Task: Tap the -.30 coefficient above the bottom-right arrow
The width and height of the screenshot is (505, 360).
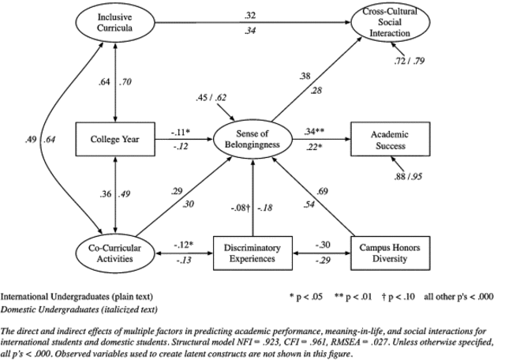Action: click(x=322, y=244)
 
